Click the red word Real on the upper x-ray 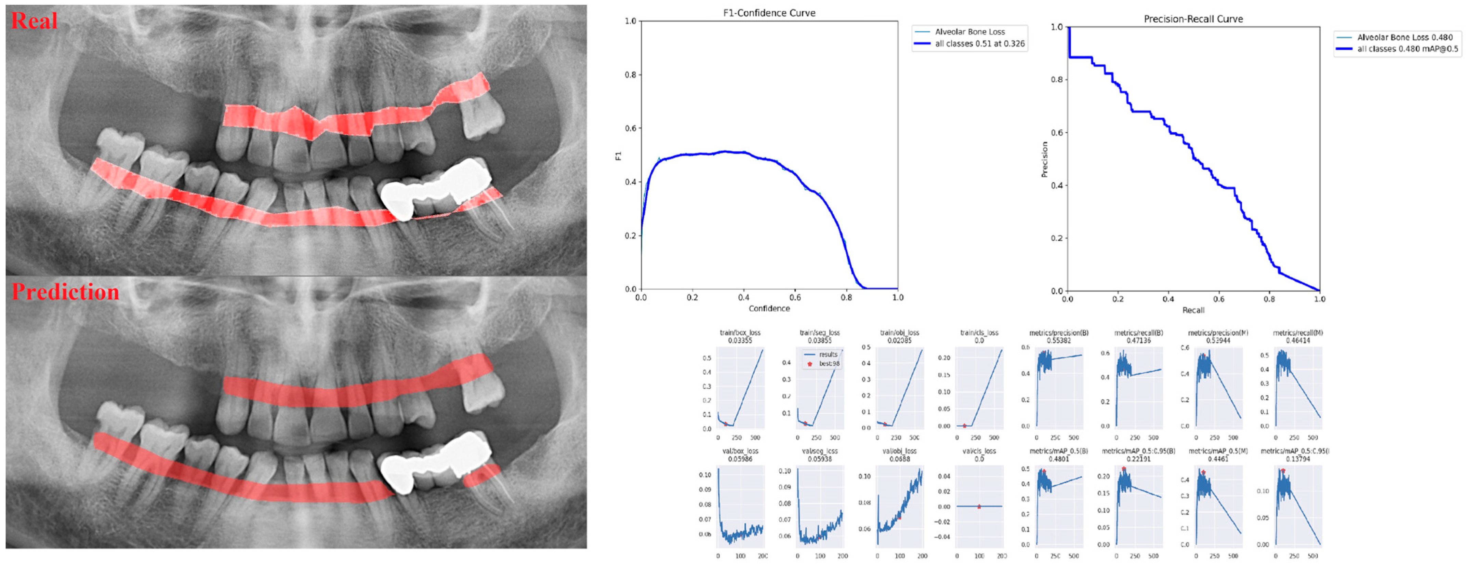coord(34,21)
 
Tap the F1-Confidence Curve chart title coord(769,13)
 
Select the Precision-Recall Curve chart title coord(1193,19)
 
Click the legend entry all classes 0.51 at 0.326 coord(979,44)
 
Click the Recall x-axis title coord(1193,310)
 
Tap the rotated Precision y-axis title coord(1044,159)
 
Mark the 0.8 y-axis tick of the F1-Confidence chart coord(631,75)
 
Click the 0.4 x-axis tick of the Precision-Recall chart coord(1168,299)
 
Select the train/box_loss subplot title coord(740,333)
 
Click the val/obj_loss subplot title coord(899,451)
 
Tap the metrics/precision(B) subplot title coord(1059,333)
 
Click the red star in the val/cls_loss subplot coord(979,506)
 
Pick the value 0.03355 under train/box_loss coord(740,340)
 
